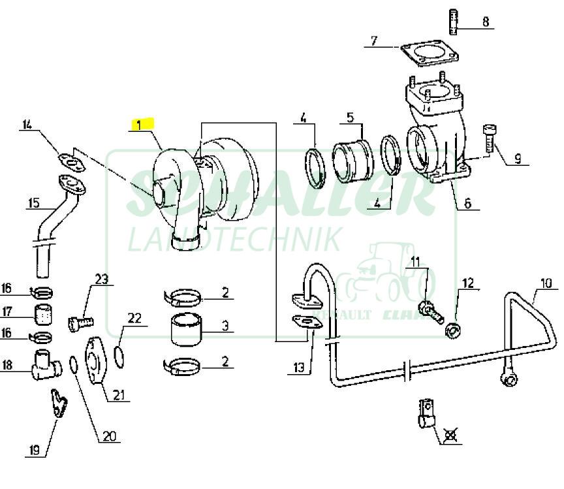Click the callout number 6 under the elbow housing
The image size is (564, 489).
(x=467, y=202)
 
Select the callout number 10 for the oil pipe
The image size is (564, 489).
(x=546, y=284)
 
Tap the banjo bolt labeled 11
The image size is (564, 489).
(x=428, y=306)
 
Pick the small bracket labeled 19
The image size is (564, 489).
(x=59, y=403)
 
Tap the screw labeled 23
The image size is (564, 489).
(x=80, y=322)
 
